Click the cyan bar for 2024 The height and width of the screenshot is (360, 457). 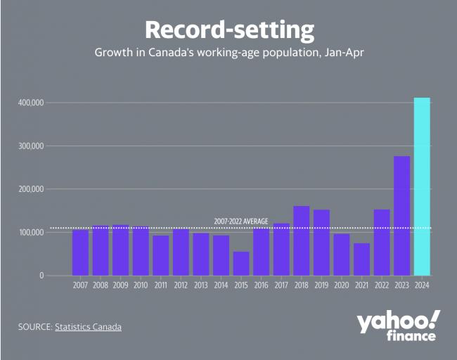coord(422,186)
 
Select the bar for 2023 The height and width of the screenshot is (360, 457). coord(401,216)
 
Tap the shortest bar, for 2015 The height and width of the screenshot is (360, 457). coord(241,263)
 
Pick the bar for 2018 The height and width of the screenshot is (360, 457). coord(301,240)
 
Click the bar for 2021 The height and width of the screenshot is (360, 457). coord(361,259)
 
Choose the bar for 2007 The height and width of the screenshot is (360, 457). coord(80,252)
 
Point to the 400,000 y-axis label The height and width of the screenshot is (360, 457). coord(30,103)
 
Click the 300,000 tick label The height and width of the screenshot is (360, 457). coord(30,146)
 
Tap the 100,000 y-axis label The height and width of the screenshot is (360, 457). coord(30,232)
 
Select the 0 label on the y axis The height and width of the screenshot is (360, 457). coord(41,276)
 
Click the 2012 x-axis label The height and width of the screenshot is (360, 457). coord(181,286)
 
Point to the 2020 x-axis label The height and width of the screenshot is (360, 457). coord(341,286)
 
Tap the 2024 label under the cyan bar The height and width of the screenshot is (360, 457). coord(422,286)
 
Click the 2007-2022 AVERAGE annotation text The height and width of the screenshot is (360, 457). coord(241,221)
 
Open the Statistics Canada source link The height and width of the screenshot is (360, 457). coord(88,327)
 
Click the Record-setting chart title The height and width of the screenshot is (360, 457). coord(228,30)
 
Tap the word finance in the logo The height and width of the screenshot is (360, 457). coord(411,336)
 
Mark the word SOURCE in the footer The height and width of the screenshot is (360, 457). coord(34,327)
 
